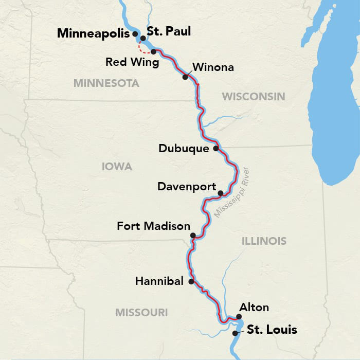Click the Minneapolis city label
pyautogui.click(x=93, y=33)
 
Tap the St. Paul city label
pyautogui.click(x=169, y=31)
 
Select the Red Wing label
pyautogui.click(x=127, y=62)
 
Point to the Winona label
pyautogui.click(x=212, y=67)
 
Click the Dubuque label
pyautogui.click(x=184, y=149)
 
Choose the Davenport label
pyautogui.click(x=187, y=187)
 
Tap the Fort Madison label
pyautogui.click(x=153, y=226)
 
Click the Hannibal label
pyautogui.click(x=159, y=281)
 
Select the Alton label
pyautogui.click(x=254, y=308)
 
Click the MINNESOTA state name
pyautogui.click(x=106, y=83)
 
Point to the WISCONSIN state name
pyautogui.click(x=253, y=96)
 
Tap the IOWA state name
pyautogui.click(x=117, y=167)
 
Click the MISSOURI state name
pyautogui.click(x=141, y=312)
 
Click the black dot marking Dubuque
pyautogui.click(x=216, y=149)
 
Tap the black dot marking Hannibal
pyautogui.click(x=191, y=282)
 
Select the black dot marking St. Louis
pyautogui.click(x=235, y=333)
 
